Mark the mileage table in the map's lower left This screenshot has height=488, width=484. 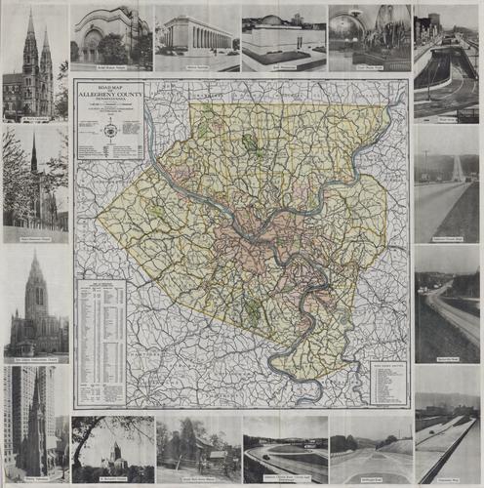point(101,342)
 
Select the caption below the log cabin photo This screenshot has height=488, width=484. point(198,480)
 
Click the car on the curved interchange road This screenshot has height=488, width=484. point(283,459)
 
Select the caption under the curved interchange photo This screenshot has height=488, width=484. point(285,480)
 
